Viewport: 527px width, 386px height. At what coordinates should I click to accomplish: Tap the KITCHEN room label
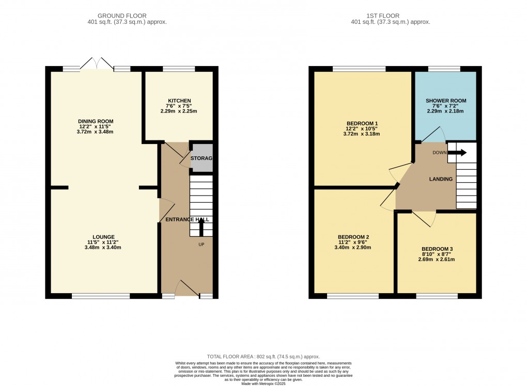(179, 101)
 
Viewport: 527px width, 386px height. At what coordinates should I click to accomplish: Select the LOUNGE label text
(104, 237)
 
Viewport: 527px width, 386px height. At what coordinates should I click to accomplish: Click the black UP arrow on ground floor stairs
(202, 226)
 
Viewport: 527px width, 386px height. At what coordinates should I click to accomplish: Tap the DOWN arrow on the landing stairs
(459, 152)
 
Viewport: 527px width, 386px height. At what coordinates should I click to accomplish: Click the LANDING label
(441, 179)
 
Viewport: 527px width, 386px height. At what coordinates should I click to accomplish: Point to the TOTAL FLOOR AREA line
(263, 357)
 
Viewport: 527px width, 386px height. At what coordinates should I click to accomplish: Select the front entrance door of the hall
(186, 289)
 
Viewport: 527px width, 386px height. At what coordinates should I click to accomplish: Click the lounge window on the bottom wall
(101, 296)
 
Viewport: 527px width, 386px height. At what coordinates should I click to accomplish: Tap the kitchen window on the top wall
(179, 69)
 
